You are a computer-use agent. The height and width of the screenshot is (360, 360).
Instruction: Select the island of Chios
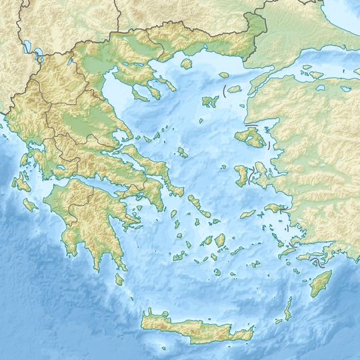click(241, 175)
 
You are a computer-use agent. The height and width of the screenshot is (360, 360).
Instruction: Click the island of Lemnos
click(210, 101)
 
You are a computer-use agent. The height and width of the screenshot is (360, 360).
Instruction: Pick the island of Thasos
click(186, 64)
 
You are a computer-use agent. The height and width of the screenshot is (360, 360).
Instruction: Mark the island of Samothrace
click(233, 88)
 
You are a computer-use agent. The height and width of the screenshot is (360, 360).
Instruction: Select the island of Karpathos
click(288, 309)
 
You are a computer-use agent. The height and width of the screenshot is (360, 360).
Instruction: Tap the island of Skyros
click(181, 153)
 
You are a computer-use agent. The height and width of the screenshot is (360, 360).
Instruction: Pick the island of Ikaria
click(248, 214)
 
